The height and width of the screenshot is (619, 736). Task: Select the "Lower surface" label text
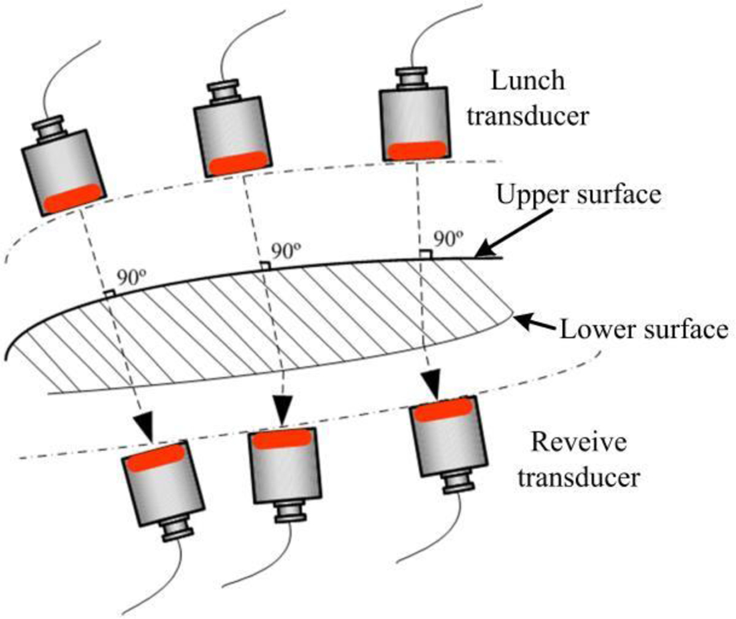[643, 329]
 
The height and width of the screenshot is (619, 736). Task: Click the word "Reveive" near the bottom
[578, 442]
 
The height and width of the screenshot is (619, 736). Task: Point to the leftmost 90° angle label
[132, 277]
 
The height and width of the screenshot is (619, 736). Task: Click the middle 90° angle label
[286, 252]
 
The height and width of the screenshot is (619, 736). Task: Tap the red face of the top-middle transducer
[239, 164]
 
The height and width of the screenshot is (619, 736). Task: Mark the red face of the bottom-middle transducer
[283, 439]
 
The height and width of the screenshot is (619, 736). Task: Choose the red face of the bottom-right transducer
[443, 410]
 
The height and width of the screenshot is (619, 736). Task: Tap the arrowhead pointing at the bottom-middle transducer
[283, 413]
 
